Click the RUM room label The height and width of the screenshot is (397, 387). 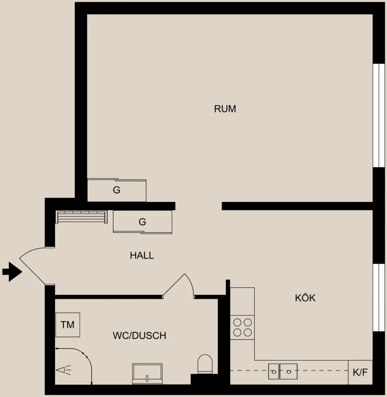coord(225,109)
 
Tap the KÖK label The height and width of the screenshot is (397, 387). coord(305,298)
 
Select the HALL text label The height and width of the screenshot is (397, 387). coord(142,256)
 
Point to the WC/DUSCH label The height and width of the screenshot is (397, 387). coord(139,335)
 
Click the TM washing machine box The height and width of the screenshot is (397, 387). coord(68,325)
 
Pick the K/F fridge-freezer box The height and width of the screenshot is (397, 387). coord(361,372)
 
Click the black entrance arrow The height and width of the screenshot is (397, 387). coord(12,272)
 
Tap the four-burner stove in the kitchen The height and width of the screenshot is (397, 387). coord(243,327)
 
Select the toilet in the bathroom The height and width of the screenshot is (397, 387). coord(205,364)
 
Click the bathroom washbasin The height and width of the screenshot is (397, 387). coord(147,374)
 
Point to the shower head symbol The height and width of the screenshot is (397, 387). coord(63,370)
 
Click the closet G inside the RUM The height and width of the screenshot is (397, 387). coord(117,190)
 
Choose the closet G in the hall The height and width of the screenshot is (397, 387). coord(142,222)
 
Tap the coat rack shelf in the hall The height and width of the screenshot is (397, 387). coord(81,217)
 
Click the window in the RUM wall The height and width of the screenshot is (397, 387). coord(379,115)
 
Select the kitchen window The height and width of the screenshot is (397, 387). coord(379,298)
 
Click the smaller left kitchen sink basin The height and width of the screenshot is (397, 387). coord(274,371)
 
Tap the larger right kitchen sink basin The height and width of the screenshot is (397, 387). coord(288,371)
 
